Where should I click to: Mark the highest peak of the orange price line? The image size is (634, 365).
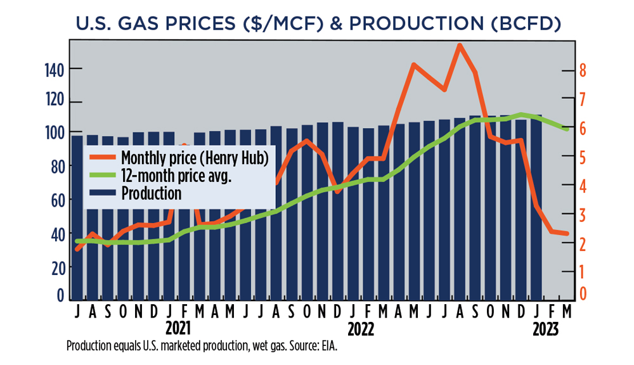coord(460,45)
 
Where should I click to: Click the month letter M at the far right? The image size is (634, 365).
coord(566,312)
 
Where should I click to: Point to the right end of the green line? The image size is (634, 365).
coord(567,129)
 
